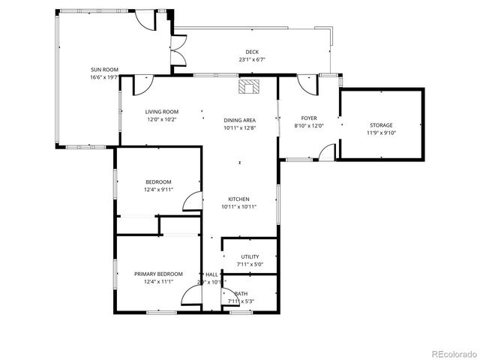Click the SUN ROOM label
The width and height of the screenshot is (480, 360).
(104, 69)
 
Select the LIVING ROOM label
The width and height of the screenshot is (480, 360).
(162, 112)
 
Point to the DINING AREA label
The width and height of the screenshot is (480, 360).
(239, 120)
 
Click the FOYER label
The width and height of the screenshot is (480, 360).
(309, 118)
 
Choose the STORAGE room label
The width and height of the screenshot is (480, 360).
(380, 125)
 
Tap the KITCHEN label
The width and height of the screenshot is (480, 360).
(239, 199)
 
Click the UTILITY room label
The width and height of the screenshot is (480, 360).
(250, 256)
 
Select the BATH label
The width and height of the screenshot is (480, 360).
(241, 293)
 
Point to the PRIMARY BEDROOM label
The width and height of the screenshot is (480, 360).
(158, 274)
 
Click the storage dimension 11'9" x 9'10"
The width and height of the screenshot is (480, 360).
(380, 133)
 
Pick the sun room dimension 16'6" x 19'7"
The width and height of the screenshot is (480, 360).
(104, 76)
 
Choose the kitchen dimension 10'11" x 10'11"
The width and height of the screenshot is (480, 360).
(239, 207)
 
